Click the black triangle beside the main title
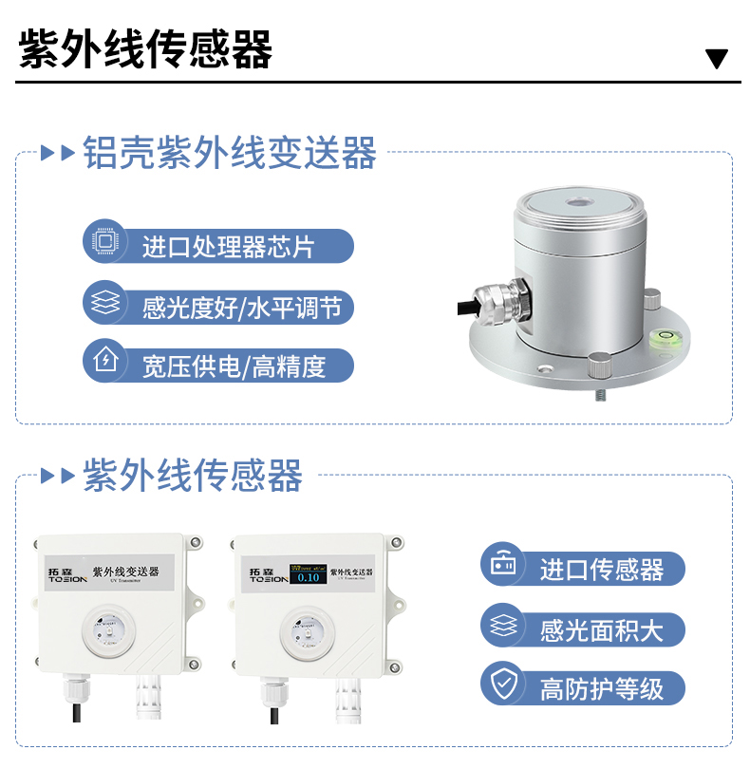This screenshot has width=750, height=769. (x=717, y=59)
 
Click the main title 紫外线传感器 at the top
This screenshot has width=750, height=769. (x=145, y=49)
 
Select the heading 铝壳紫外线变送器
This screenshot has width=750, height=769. (x=230, y=153)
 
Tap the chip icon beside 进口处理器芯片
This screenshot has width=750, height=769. (x=103, y=245)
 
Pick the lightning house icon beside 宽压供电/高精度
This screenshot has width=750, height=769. (x=103, y=364)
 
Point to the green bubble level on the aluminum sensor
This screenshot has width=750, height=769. (x=659, y=333)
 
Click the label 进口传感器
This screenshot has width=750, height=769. (x=601, y=570)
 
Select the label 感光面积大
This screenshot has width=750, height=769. (x=601, y=628)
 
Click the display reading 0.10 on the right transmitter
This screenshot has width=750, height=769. (x=309, y=575)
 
